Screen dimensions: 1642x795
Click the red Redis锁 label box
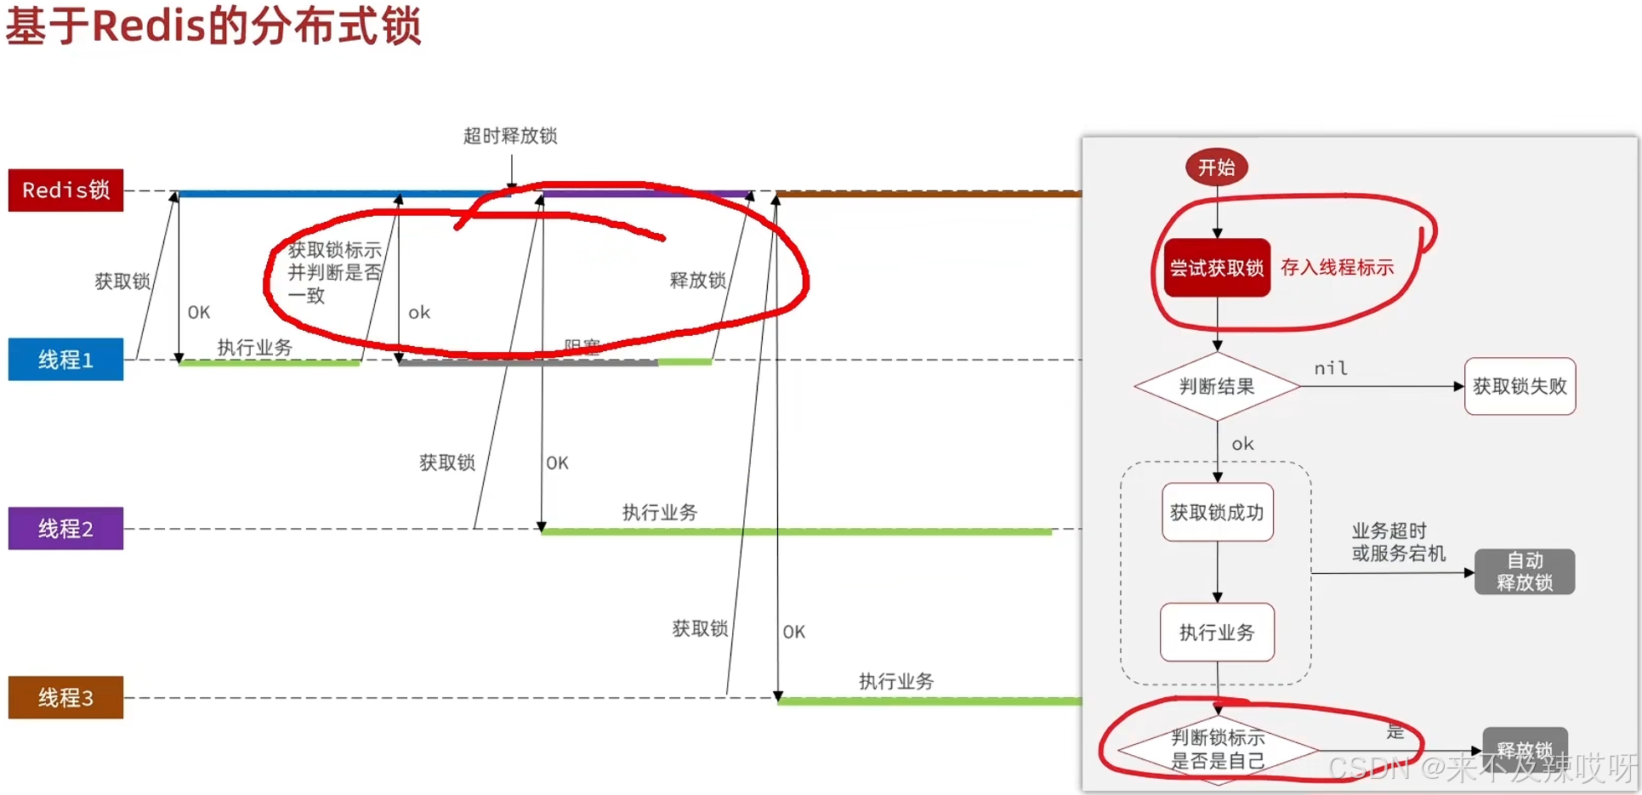65,190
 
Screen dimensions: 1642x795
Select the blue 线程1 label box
65,360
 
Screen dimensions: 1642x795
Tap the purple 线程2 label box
65,529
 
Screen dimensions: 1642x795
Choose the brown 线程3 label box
65,697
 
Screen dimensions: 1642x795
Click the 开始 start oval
1217,168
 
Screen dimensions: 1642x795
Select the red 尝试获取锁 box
1217,268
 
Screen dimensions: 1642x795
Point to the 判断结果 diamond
1217,387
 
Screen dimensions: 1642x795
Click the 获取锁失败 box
1520,387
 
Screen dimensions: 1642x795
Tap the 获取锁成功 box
1217,512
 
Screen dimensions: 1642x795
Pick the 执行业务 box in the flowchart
1217,633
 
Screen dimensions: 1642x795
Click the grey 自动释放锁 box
1525,571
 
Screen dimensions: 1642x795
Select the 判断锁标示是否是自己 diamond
1218,749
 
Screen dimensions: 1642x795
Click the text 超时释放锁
510,136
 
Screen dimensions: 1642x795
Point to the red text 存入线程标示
1337,268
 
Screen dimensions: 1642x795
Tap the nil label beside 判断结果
1331,368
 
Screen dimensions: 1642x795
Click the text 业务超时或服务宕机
1398,542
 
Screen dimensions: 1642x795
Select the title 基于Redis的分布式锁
213,26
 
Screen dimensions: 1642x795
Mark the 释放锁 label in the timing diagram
697,281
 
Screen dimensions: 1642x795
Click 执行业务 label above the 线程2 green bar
660,512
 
